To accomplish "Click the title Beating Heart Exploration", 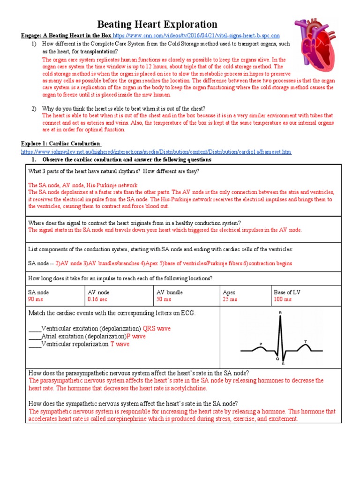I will pos(157,24).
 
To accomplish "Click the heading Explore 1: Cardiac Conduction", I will pos(60,143).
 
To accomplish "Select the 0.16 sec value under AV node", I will pos(97,299).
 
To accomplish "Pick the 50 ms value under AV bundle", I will pos(164,299).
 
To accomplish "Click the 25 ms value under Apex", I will pos(230,299).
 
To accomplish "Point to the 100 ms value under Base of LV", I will pos(283,299).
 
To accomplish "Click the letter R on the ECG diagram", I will pos(280,312).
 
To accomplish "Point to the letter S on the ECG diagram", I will pos(283,363).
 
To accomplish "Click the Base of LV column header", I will pos(287,292).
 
